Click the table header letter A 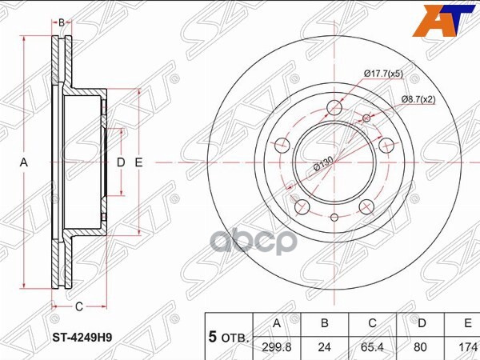click(x=277, y=323)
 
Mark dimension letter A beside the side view click(x=24, y=162)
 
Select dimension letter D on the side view click(x=122, y=162)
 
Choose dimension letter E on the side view click(x=138, y=162)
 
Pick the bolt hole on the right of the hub click(x=386, y=146)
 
